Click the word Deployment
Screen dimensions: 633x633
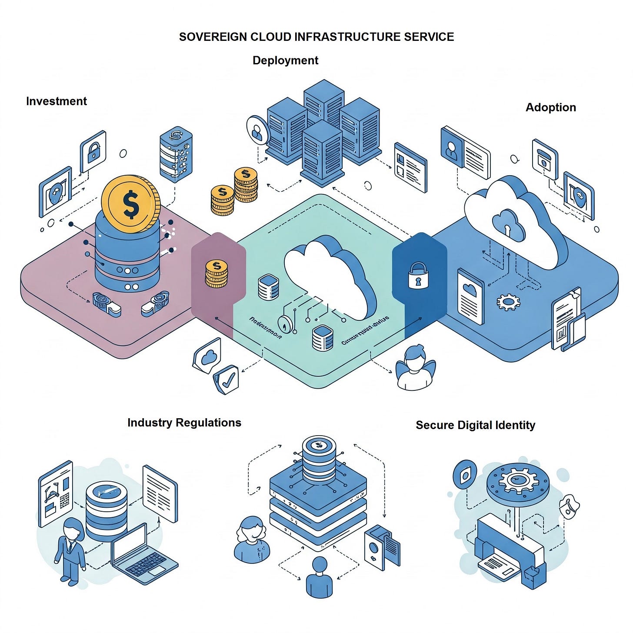point(285,60)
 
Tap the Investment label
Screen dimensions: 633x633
point(56,101)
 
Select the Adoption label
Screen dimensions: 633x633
point(550,107)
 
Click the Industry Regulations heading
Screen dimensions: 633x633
point(184,423)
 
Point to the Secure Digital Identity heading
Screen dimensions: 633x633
point(475,425)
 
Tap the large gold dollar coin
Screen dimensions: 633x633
point(130,203)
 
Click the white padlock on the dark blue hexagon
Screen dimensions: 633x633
point(418,276)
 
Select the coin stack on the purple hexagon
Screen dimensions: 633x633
point(216,274)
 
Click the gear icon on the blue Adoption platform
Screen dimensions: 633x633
point(508,301)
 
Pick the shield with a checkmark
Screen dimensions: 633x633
point(227,379)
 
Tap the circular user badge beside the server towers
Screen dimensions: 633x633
point(257,130)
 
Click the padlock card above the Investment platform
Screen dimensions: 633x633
point(93,151)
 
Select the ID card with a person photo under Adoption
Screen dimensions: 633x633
point(464,152)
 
